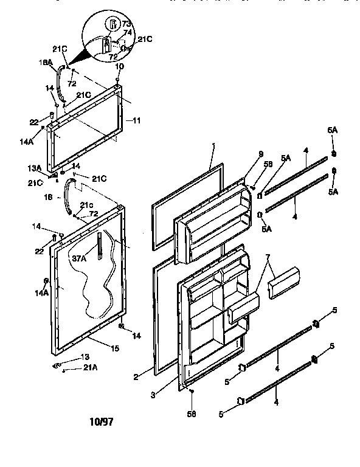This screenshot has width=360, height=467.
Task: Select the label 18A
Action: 46,62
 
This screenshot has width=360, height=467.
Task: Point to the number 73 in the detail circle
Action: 126,25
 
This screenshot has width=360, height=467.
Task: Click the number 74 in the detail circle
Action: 128,33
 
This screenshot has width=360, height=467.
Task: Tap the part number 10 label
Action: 119,66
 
